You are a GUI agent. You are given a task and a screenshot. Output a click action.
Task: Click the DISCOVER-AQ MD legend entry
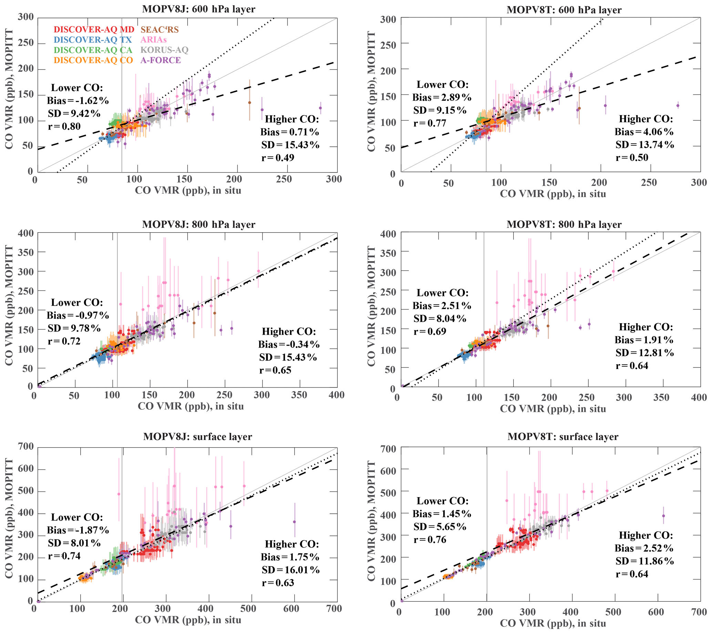[x=94, y=30]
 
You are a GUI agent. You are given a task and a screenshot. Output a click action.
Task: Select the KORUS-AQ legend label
[x=164, y=50]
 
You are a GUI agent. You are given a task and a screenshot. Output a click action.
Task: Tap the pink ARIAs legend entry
[x=154, y=40]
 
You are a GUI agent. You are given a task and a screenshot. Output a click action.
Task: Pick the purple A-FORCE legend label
[x=161, y=60]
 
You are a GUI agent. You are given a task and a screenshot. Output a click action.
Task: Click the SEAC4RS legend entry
[x=159, y=30]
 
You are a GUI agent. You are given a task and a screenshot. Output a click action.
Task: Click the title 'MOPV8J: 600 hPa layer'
[x=198, y=9]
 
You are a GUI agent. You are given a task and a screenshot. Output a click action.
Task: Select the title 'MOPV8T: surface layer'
[x=563, y=437]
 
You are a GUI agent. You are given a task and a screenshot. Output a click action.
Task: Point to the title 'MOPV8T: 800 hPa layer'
[x=564, y=224]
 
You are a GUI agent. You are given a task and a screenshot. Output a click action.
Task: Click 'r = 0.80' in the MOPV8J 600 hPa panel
[x=64, y=126]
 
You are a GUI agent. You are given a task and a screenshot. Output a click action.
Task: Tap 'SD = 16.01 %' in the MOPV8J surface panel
[x=290, y=570]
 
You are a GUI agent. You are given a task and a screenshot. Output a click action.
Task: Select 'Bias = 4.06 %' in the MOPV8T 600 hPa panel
[x=644, y=132]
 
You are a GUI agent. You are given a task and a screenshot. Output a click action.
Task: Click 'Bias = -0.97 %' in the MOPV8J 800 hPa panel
[x=78, y=315]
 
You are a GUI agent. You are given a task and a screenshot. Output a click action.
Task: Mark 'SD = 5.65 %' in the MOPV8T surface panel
[x=440, y=527]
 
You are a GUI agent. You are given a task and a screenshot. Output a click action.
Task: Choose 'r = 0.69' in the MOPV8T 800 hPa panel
[x=430, y=331]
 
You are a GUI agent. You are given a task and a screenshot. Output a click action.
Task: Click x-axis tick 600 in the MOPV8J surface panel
[x=291, y=609]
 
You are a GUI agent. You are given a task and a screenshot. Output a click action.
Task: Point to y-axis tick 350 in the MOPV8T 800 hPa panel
[x=388, y=253]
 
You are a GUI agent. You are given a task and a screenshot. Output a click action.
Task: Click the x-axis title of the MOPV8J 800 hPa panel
[x=190, y=406]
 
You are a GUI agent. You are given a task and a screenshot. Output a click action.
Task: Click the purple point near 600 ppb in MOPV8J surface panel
[x=295, y=522]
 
